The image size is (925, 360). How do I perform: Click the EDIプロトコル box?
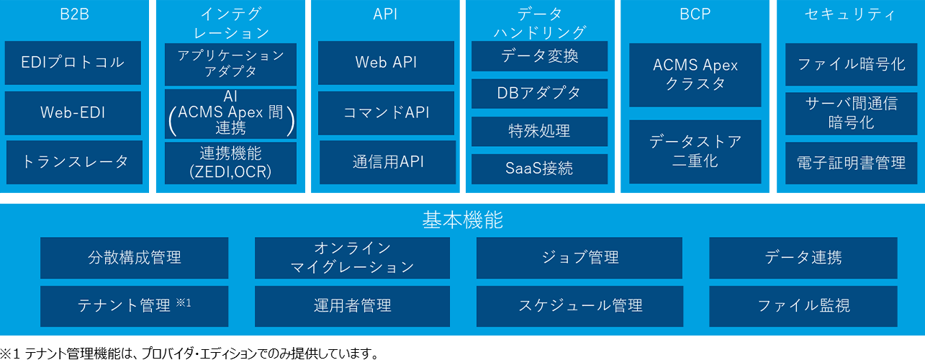tap(73, 62)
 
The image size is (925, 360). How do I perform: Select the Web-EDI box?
tap(73, 112)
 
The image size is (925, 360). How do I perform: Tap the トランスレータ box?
tap(75, 161)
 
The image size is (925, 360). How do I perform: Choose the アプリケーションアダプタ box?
tap(230, 64)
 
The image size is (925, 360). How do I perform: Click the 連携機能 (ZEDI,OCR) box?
tap(230, 163)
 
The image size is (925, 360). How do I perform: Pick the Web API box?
tap(386, 63)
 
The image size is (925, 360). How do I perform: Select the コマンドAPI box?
tap(386, 112)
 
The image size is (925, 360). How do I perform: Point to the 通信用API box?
tap(387, 161)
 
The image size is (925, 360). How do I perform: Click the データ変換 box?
tap(539, 56)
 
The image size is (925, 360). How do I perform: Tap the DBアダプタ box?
tap(539, 93)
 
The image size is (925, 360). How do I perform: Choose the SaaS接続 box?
tap(539, 168)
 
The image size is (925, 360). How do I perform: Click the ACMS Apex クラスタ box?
tap(695, 74)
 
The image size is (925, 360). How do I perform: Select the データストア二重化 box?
tap(695, 151)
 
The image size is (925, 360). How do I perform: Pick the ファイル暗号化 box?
tap(851, 63)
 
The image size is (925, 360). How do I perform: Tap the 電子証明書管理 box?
tap(851, 163)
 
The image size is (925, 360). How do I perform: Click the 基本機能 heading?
tap(462, 220)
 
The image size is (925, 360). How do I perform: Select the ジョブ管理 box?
tap(580, 257)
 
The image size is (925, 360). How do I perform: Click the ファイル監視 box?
tap(803, 306)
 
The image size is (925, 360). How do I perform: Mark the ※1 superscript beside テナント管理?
tap(183, 302)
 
